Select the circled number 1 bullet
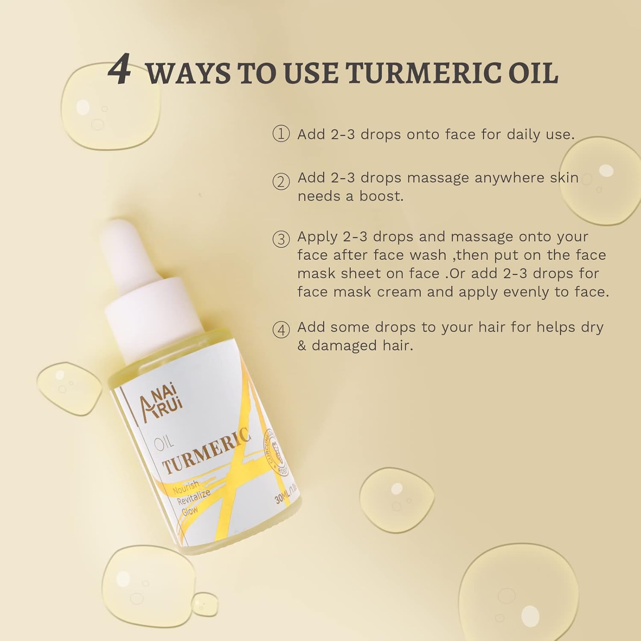tap(281, 134)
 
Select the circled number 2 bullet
tap(281, 182)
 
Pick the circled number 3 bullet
tap(281, 239)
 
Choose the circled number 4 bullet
tap(281, 330)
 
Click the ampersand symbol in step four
tap(302, 345)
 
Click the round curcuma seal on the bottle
tap(276, 453)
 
